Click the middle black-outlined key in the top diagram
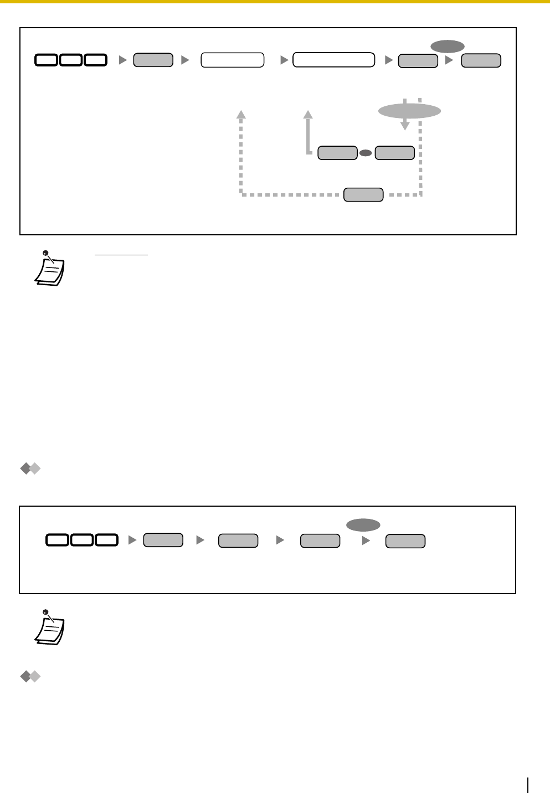(x=71, y=60)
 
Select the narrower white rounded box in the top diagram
(x=232, y=60)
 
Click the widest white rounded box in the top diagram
(x=333, y=60)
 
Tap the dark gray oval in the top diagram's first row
(x=448, y=47)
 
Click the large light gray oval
(x=409, y=111)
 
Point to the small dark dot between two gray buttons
(x=366, y=153)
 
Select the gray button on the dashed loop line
(x=363, y=194)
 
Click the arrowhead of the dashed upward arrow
(x=241, y=114)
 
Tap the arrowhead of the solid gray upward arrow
(x=309, y=114)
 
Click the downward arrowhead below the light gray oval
(x=405, y=126)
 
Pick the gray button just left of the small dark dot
(x=337, y=153)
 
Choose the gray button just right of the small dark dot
(x=394, y=153)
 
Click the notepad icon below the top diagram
(x=50, y=269)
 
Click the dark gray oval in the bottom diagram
(x=363, y=525)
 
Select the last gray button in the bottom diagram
(x=405, y=541)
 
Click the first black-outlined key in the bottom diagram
(x=58, y=540)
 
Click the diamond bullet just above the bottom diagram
(x=30, y=469)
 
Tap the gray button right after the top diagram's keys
(x=153, y=60)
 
